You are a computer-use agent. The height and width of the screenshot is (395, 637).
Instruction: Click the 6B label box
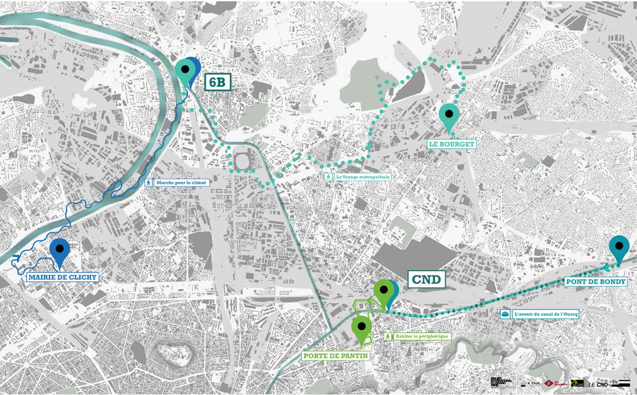click(218, 82)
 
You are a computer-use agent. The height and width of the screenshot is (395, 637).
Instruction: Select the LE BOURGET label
click(452, 144)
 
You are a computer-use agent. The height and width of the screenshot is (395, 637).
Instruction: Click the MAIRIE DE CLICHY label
click(62, 278)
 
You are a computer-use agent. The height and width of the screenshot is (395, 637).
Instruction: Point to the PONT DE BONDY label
click(596, 281)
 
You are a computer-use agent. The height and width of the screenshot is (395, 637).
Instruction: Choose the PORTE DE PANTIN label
click(335, 355)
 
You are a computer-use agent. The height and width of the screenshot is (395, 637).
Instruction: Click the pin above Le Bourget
click(449, 116)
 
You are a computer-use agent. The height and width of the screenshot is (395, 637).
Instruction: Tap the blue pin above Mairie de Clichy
click(60, 250)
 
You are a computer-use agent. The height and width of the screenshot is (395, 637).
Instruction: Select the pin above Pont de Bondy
click(619, 247)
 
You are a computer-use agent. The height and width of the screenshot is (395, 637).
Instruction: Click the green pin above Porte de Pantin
click(362, 327)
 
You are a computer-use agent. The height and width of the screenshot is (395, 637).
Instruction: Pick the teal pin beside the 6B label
click(185, 71)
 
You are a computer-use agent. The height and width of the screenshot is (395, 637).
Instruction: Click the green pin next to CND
click(383, 292)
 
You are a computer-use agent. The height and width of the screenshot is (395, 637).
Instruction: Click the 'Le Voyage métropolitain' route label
click(357, 176)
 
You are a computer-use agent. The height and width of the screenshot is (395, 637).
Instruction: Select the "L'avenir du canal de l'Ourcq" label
click(545, 313)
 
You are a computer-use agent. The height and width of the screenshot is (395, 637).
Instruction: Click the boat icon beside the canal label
click(505, 313)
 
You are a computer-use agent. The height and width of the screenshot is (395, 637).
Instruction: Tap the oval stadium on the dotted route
click(242, 162)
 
